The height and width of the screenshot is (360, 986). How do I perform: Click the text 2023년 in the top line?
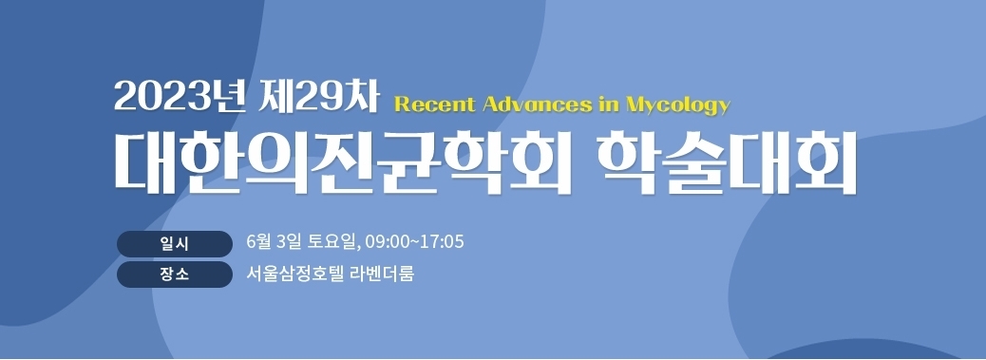179,99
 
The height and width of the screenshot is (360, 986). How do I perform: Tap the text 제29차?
319,99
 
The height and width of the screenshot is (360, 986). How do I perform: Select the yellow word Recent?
434,104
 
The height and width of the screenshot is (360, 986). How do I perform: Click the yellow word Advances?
538,104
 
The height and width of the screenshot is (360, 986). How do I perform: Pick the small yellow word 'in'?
609,104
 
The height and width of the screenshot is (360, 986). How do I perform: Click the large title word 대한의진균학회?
342,161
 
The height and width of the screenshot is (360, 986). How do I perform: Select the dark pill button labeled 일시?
174,244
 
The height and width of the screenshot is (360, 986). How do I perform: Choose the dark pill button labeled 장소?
174,275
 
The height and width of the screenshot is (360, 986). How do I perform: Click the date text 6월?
257,241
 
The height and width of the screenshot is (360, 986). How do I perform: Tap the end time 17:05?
442,242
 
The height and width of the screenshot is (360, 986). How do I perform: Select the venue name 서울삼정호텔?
295,274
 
